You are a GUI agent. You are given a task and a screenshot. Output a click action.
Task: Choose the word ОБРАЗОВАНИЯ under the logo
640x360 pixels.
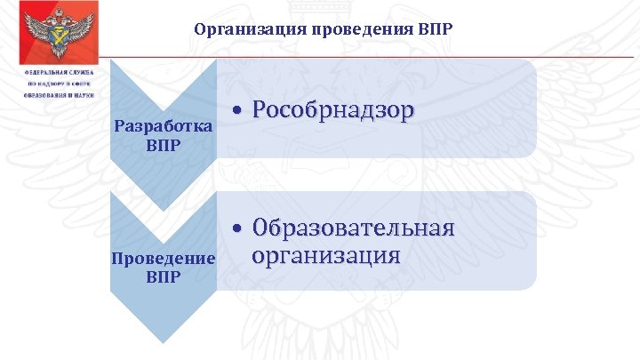tap(47, 95)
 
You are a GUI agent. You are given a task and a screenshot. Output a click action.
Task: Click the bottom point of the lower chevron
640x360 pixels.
tap(163, 340)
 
